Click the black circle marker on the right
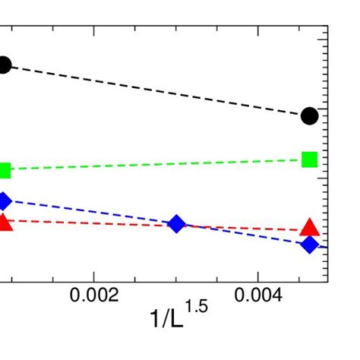coord(309,115)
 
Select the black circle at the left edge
coord(4,65)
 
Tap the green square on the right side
coord(309,159)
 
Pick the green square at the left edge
coord(5,170)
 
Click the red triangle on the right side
coord(309,226)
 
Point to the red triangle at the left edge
coord(4,222)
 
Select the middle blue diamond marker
coord(176,223)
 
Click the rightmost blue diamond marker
coord(309,245)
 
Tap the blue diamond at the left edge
coord(4,201)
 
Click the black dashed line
coord(152,90)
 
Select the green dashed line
coord(152,165)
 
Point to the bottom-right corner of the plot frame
coord(327,283)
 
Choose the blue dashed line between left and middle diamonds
coord(91,213)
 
